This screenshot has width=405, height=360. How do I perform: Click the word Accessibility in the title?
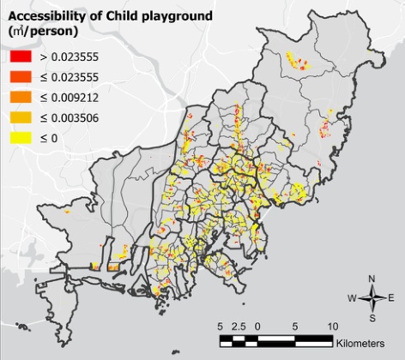[x=45, y=13]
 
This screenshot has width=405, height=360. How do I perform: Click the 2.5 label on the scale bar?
[x=239, y=327]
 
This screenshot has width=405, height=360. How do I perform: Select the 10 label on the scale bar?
[x=332, y=327]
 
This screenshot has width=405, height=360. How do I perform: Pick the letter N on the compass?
[x=372, y=279]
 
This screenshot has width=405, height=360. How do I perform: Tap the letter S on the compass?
[x=372, y=318]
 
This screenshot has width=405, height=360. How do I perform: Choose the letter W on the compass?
[x=351, y=298]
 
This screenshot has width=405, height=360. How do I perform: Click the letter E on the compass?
[x=391, y=298]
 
